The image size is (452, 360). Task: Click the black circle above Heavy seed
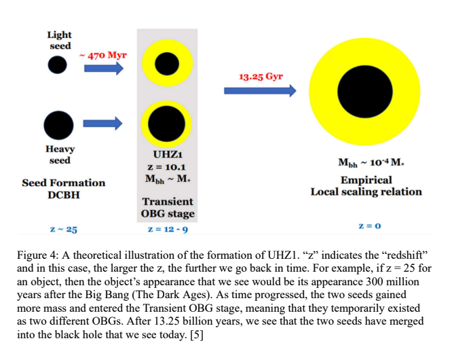pos(58,124)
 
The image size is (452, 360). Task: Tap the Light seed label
pos(60,40)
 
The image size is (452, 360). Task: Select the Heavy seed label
pos(60,154)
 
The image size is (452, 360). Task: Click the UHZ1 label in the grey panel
pos(166,155)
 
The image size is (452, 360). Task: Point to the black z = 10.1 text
pos(166,167)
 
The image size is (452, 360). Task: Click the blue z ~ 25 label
pos(63,230)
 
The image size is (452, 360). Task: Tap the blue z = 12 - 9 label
pos(167,230)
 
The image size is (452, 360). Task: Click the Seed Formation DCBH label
pos(64,188)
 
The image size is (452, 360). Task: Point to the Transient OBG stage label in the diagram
pos(167,208)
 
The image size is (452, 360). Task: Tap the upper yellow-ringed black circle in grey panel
pos(166,65)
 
